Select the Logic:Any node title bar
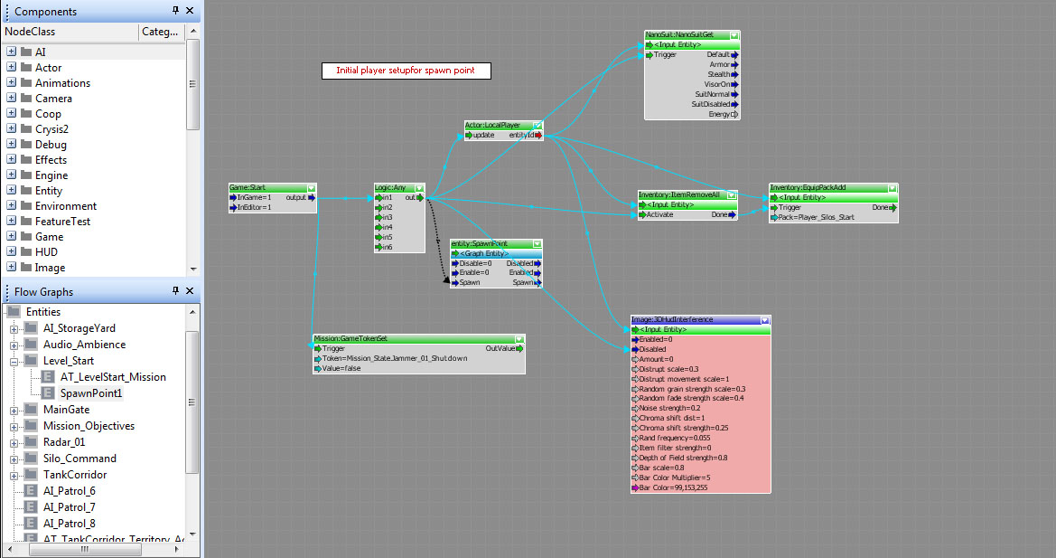[390, 187]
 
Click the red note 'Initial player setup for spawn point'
[406, 71]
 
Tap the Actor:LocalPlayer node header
[492, 125]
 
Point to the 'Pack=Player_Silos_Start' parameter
[814, 218]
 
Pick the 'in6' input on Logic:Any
[387, 247]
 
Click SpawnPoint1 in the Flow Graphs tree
[91, 393]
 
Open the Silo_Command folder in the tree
[77, 459]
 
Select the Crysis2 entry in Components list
[52, 129]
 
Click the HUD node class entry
[47, 252]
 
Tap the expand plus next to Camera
[12, 99]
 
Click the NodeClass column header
[31, 32]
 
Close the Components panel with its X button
[190, 11]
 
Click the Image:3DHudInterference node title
[673, 319]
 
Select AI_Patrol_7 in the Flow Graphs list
[70, 507]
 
